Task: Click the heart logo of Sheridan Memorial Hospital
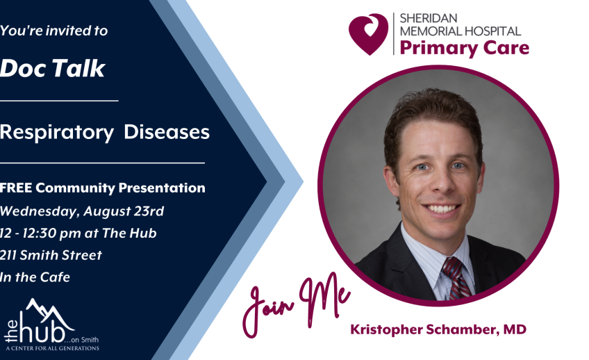368,34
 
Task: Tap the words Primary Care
464,48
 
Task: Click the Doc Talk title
52,68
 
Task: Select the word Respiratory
56,133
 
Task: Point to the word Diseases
167,132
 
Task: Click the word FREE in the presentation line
16,188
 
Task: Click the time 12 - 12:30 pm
40,234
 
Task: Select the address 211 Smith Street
51,255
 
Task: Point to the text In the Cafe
35,277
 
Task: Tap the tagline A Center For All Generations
52,348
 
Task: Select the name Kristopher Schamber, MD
438,329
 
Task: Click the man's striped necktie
456,278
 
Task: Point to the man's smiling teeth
442,208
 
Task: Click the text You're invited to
53,31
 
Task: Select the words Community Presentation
121,188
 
